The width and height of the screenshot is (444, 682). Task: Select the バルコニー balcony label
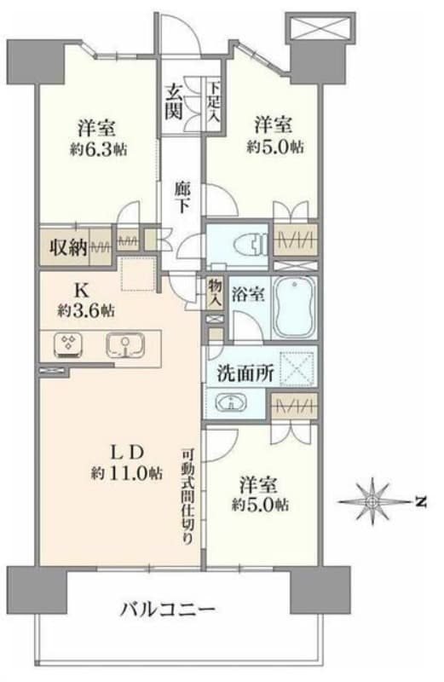(166, 610)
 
